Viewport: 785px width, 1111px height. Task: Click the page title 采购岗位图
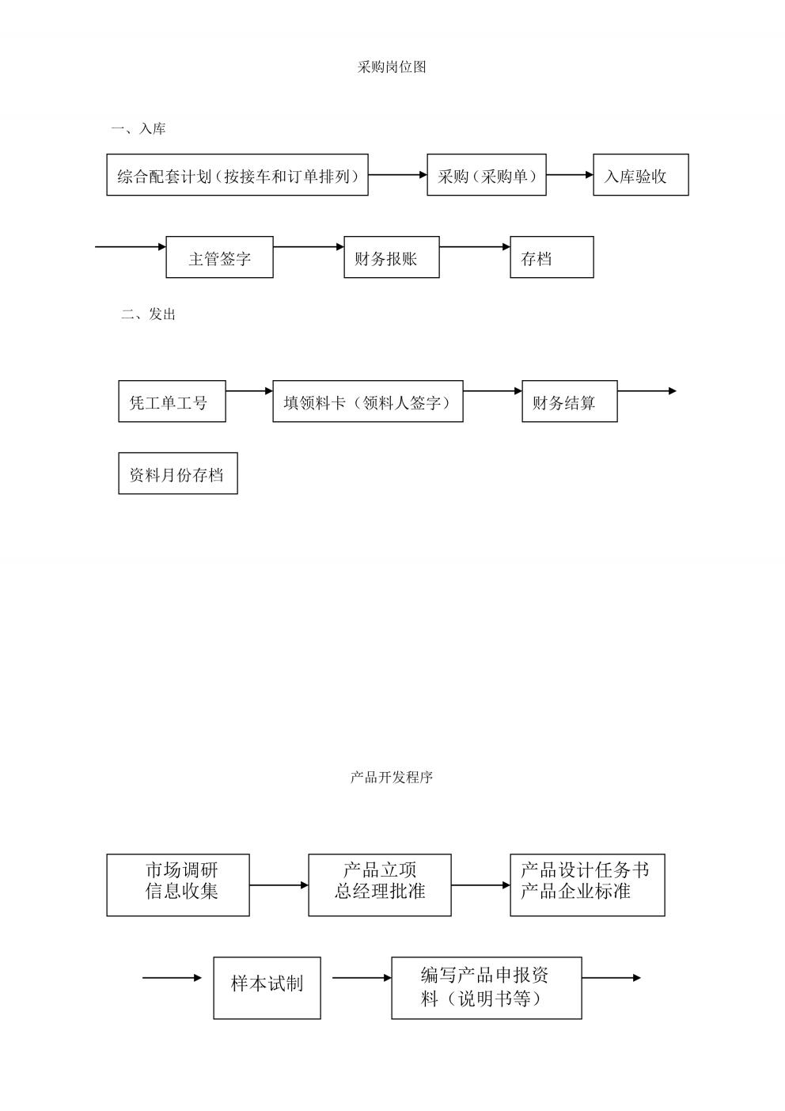(x=392, y=67)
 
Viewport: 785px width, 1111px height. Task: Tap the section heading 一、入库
(x=138, y=129)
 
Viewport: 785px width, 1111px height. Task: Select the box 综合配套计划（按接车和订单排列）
(x=237, y=174)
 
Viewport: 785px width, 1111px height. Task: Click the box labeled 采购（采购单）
(x=487, y=174)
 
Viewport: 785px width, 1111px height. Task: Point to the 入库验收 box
(x=641, y=174)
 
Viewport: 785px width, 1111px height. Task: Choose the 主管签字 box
(x=219, y=257)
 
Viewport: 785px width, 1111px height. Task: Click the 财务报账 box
(x=392, y=257)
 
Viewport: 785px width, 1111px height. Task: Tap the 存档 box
(x=552, y=257)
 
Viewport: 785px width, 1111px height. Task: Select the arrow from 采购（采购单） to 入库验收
(x=570, y=174)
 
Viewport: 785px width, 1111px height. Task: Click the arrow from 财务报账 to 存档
(x=475, y=246)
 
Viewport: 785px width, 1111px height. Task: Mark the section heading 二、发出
(x=148, y=314)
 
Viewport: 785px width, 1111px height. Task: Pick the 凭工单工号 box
(x=172, y=401)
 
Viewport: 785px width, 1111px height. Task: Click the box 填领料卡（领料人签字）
(x=368, y=401)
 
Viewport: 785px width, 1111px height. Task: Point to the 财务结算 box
(x=570, y=401)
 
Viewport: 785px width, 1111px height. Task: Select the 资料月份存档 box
(x=178, y=474)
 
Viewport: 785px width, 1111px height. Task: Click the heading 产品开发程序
(x=392, y=777)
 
